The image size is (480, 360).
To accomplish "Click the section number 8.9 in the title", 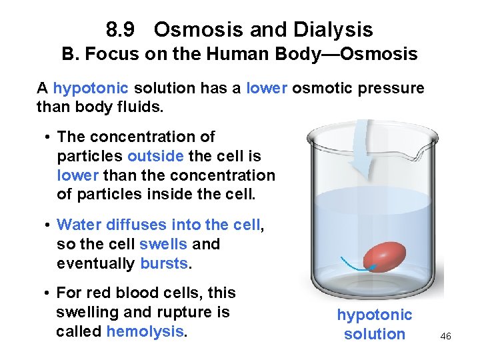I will (x=121, y=30).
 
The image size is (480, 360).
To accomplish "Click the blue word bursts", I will (x=165, y=263).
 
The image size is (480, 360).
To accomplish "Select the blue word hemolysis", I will (x=145, y=331).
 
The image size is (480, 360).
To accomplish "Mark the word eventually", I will (x=96, y=263).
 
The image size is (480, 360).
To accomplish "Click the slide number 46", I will (x=445, y=336).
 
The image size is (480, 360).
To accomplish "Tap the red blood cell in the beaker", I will (x=385, y=257).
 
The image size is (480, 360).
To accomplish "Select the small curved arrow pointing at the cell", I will (x=357, y=265).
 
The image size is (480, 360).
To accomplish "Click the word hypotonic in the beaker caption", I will (x=374, y=315).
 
